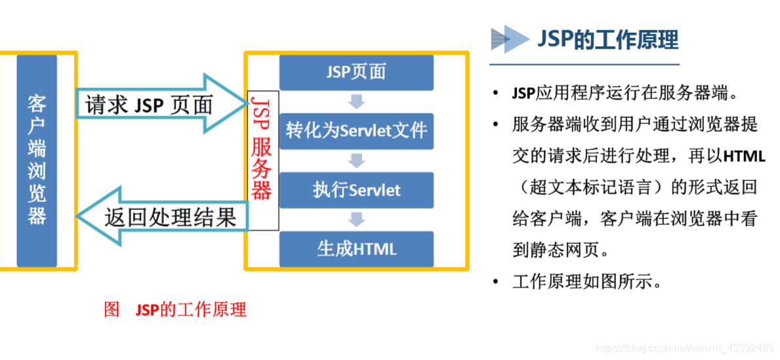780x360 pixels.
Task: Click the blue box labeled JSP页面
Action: tap(356, 71)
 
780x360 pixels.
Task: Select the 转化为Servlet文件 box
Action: tap(356, 130)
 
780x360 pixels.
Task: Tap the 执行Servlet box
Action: tap(356, 190)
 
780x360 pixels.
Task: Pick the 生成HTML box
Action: tap(356, 249)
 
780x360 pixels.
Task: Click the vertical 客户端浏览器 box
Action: tap(37, 160)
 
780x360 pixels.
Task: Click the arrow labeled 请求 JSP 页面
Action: tap(157, 104)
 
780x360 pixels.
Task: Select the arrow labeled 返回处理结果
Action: tap(164, 216)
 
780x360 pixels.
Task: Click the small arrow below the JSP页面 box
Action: tap(356, 101)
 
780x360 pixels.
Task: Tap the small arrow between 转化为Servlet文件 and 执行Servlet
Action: tap(356, 160)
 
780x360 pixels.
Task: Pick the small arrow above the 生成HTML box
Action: tap(356, 220)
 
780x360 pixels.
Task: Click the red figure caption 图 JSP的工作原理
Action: tap(175, 310)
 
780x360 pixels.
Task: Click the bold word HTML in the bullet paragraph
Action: tap(744, 157)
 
